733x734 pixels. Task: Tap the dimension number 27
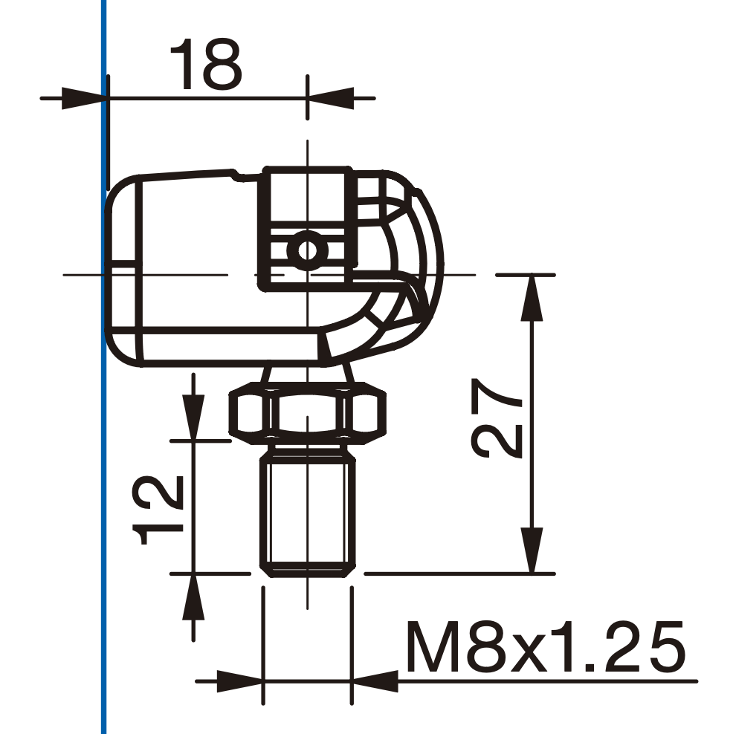[497, 418]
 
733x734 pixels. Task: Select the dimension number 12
[158, 510]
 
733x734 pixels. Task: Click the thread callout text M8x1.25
[546, 647]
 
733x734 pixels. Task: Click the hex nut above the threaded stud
[308, 412]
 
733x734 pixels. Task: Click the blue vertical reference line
[103, 367]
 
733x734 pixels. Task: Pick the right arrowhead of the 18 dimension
[331, 98]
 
